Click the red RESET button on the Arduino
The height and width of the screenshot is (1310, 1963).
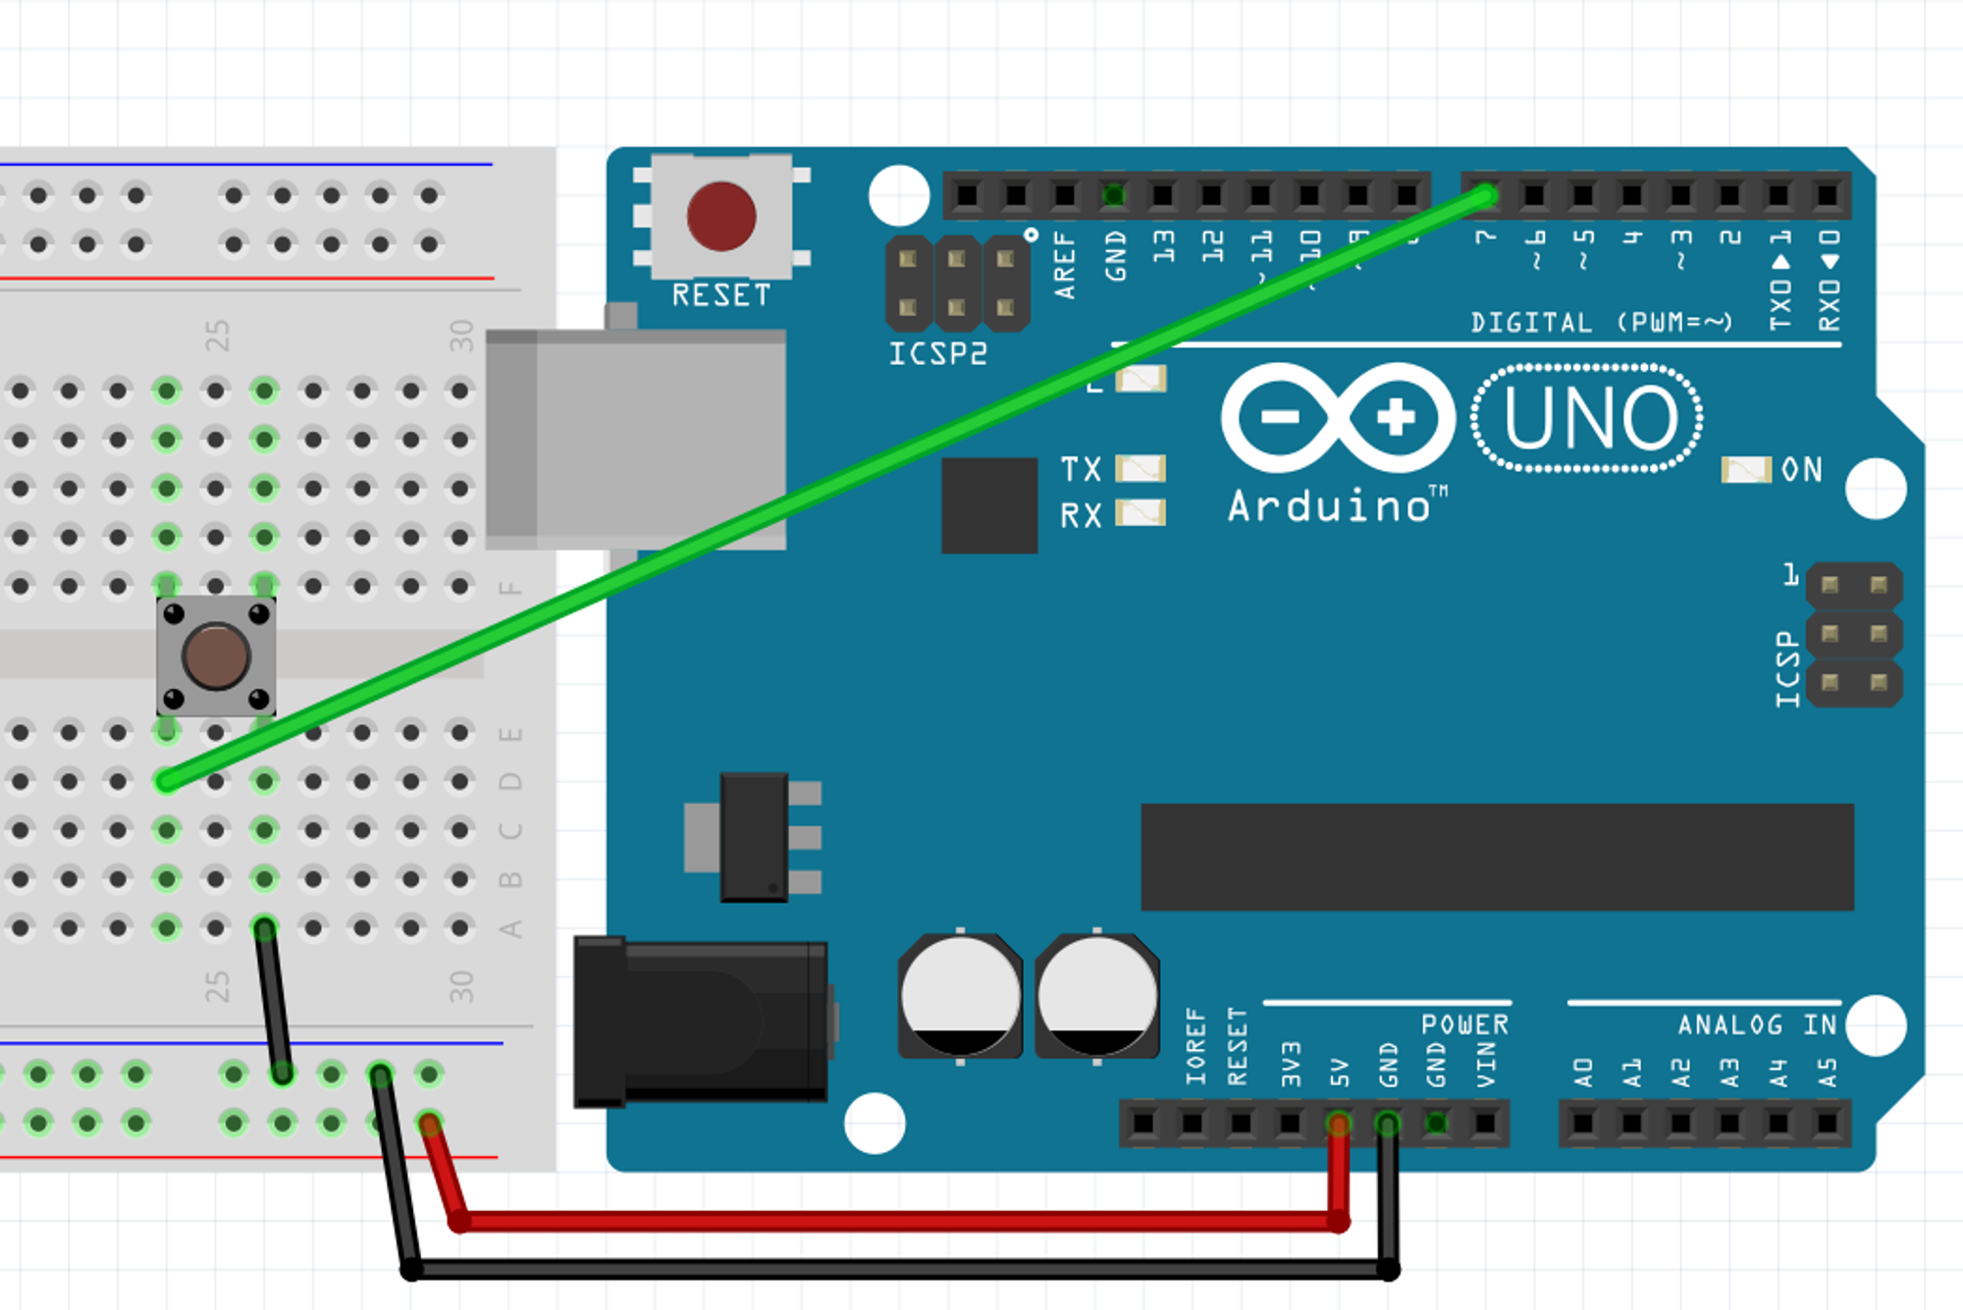coord(721,216)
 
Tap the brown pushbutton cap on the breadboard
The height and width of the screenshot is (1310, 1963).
coord(216,656)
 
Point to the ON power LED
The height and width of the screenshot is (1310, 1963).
coord(1745,470)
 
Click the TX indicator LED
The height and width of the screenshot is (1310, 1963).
coord(1141,468)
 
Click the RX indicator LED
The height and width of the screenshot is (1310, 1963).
coord(1141,513)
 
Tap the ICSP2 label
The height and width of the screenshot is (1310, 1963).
coord(937,354)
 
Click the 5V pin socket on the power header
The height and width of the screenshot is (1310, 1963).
coord(1338,1123)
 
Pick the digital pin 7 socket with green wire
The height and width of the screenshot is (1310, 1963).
coord(1485,195)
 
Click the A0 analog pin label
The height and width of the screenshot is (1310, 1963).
coord(1582,1072)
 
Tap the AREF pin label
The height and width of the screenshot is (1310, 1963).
coord(1065,265)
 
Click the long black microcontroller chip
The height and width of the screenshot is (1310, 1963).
coord(1497,857)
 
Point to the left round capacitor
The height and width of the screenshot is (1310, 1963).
coord(960,996)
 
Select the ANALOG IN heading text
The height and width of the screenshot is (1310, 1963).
coord(1757,1025)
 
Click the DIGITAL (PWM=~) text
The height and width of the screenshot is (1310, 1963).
coord(1601,323)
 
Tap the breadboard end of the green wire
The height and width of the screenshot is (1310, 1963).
coord(167,781)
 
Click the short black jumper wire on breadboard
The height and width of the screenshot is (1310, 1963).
coord(274,1001)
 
